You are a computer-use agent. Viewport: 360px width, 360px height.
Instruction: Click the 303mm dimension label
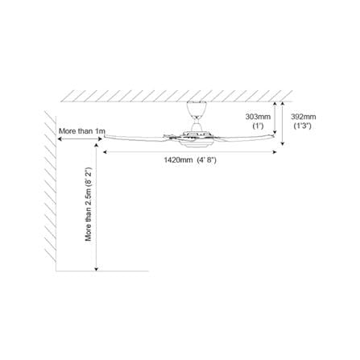[258, 117]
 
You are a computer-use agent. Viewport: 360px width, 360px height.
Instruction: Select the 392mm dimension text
[304, 117]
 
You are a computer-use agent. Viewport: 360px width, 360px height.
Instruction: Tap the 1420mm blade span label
[178, 160]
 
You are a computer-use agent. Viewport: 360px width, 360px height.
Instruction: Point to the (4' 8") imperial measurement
[206, 160]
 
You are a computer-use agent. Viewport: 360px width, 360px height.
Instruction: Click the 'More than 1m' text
[82, 131]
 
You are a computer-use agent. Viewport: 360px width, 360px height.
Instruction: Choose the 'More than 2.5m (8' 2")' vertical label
[89, 204]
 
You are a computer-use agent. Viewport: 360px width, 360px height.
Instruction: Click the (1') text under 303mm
[258, 126]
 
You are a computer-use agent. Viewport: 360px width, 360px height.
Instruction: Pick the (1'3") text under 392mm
[303, 126]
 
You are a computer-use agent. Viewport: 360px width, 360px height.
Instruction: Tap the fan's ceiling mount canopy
[197, 109]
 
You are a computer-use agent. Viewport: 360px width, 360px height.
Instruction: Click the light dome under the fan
[195, 144]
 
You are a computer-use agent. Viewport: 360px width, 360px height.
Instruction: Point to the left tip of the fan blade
[105, 137]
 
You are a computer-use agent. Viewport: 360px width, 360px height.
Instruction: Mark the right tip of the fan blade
[274, 136]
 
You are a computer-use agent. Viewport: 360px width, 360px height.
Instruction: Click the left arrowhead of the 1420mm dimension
[105, 152]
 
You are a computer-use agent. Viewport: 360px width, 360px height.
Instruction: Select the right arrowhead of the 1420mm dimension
[275, 152]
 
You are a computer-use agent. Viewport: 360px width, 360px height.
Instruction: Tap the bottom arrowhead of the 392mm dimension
[282, 143]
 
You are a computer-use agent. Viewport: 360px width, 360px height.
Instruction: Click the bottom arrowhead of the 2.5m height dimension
[97, 269]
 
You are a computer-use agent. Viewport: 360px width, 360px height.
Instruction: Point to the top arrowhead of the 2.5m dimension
[97, 145]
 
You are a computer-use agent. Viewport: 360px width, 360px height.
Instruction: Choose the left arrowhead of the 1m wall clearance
[60, 139]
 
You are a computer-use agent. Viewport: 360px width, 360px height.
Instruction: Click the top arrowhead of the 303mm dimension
[275, 103]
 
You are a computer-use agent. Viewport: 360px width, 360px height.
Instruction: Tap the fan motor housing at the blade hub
[195, 135]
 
